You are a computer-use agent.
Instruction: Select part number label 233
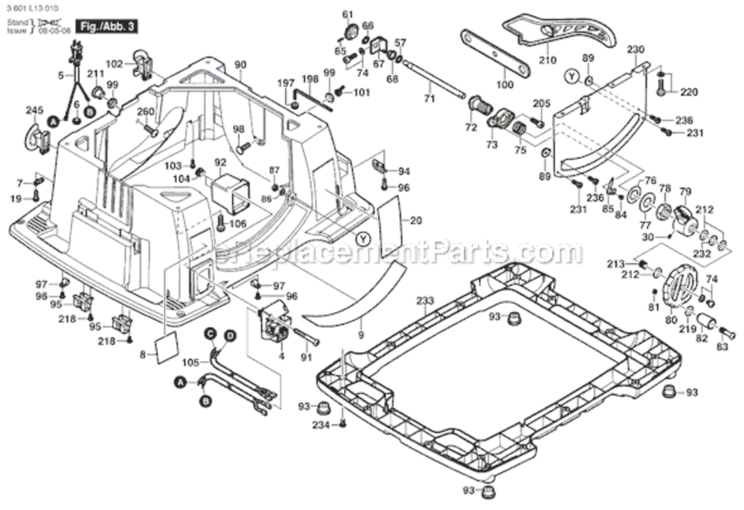coord(425,301)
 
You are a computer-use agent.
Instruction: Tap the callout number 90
coord(240,65)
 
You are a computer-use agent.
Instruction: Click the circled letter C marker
coord(211,333)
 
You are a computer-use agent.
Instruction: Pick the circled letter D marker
coord(230,336)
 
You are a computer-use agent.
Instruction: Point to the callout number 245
coord(33,111)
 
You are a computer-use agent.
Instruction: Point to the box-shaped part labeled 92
coord(231,191)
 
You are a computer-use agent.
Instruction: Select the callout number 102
coord(114,64)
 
